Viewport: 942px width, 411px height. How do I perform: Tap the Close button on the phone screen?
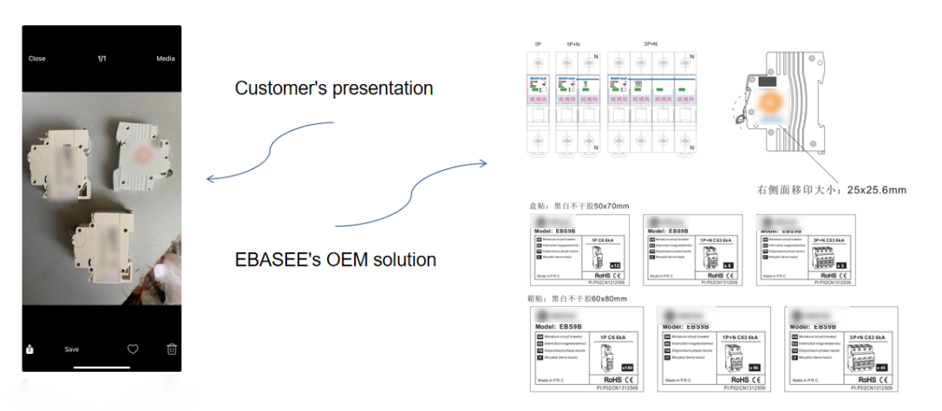(x=37, y=59)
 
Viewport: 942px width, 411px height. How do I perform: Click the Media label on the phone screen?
(x=165, y=59)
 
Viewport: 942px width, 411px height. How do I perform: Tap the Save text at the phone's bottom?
(x=72, y=349)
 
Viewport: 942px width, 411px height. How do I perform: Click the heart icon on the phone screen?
(x=133, y=349)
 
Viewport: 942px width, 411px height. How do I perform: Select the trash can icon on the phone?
(x=172, y=349)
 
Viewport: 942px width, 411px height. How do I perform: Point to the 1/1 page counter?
(x=101, y=59)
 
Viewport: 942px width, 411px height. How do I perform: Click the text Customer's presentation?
(x=334, y=88)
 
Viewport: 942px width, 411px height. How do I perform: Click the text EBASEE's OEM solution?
(x=336, y=259)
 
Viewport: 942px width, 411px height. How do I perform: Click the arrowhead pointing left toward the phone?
(x=211, y=179)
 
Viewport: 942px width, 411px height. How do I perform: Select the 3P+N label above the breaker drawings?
(x=649, y=42)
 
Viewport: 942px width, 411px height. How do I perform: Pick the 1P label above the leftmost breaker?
(x=538, y=42)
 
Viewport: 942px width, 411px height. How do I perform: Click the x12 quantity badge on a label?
(x=615, y=265)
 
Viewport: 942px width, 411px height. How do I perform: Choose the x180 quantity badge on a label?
(x=615, y=367)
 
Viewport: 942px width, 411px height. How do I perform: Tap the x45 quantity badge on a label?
(x=881, y=367)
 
